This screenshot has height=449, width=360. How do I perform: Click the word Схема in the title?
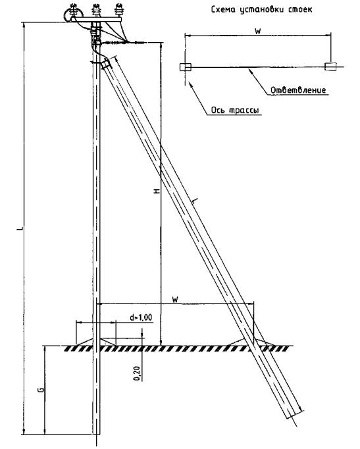224,9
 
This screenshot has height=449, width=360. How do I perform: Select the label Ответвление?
298,90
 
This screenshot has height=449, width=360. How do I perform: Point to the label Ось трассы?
235,110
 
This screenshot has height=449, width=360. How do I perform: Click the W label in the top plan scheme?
258,31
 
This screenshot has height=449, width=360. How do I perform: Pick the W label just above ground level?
175,300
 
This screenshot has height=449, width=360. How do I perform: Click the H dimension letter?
157,191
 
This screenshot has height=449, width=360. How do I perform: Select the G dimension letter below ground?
41,390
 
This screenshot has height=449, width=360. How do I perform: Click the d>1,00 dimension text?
141,317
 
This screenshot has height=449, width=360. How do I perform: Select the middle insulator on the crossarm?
96,11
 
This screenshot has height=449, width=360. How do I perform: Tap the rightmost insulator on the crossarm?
118,11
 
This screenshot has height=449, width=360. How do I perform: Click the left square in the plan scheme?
186,67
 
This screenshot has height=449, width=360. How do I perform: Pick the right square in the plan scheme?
330,66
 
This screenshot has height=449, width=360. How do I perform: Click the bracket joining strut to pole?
105,64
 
